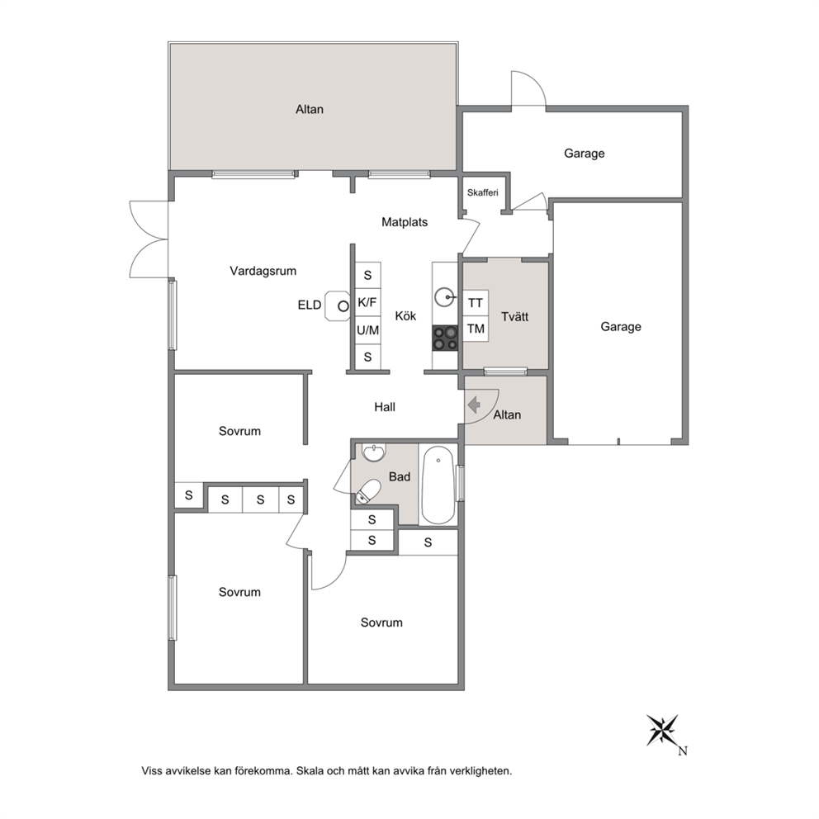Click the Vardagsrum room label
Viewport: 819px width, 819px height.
click(x=263, y=271)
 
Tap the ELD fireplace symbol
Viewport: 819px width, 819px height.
click(x=337, y=305)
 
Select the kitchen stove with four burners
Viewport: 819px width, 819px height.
click(x=445, y=338)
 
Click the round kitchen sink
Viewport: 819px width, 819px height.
click(x=445, y=298)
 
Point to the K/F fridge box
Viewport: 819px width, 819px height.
click(x=367, y=302)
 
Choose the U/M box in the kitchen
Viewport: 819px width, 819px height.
click(x=367, y=330)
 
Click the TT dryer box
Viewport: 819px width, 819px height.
click(x=476, y=303)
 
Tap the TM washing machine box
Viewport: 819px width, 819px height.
click(x=476, y=329)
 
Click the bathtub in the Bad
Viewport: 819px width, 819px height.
click(x=438, y=485)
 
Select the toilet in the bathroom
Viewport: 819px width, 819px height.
click(x=368, y=491)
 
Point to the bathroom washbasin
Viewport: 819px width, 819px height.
click(x=373, y=453)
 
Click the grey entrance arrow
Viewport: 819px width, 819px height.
click(x=474, y=405)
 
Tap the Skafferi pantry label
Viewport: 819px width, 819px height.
click(x=483, y=192)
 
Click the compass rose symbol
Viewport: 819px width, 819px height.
click(x=662, y=730)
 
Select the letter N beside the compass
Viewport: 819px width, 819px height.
click(x=683, y=751)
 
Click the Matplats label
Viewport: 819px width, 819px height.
click(x=405, y=222)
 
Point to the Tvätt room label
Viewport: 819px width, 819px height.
click(x=514, y=316)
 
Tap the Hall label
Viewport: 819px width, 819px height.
click(x=385, y=407)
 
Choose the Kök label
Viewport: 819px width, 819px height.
click(x=405, y=316)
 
